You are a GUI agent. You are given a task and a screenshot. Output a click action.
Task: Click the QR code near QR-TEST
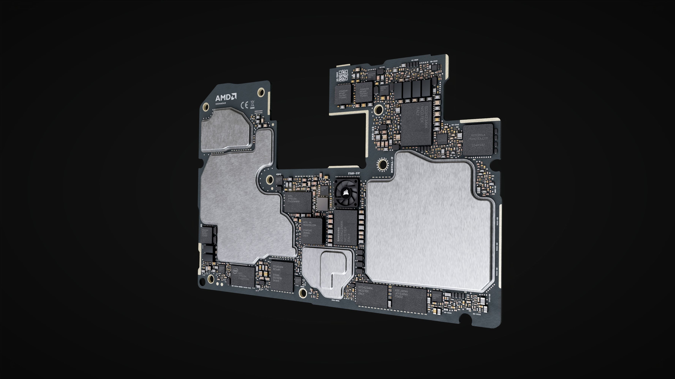point(343,75)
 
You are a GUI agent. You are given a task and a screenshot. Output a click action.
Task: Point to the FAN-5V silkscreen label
point(354,173)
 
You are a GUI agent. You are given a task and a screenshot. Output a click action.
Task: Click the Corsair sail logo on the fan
point(346,193)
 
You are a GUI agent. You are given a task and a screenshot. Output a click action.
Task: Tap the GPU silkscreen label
point(279,175)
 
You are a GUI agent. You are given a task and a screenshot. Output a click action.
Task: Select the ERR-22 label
point(373,133)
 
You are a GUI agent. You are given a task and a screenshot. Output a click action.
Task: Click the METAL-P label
point(392,165)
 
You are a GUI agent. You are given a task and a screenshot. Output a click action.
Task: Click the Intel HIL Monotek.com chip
point(311,230)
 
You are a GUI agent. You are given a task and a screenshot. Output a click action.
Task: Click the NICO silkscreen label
point(382,67)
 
